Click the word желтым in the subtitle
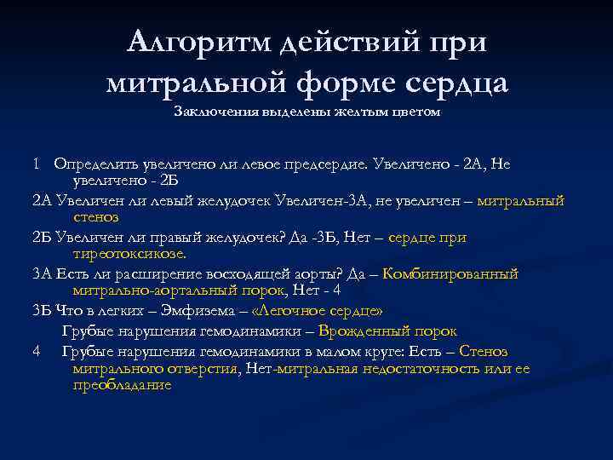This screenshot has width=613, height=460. click(360, 112)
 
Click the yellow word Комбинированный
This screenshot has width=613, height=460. click(450, 274)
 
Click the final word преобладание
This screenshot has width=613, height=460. click(123, 385)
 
